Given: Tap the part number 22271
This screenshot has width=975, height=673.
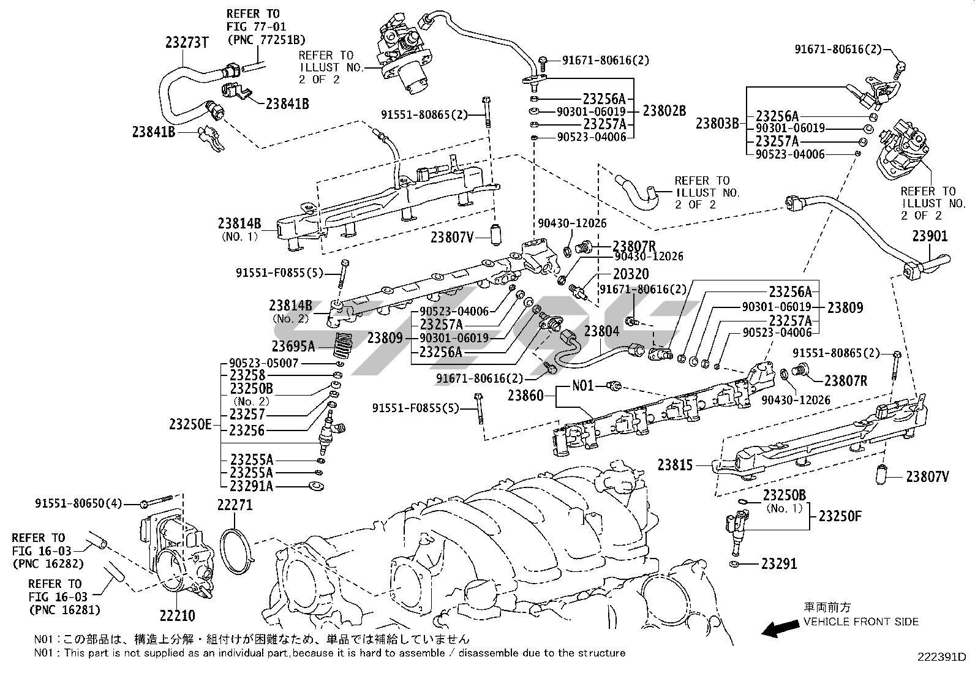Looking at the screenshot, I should [x=235, y=505].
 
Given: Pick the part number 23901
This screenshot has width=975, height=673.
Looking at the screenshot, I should [x=930, y=236].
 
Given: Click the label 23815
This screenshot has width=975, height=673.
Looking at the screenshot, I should [x=676, y=465].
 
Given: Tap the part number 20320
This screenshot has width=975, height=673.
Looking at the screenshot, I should [x=631, y=274].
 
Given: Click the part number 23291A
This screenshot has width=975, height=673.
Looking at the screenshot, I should [x=252, y=486].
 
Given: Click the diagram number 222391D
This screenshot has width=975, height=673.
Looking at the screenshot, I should [x=941, y=657].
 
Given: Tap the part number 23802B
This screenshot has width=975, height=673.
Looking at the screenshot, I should [x=664, y=111].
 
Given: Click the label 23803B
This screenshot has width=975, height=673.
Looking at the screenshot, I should [x=718, y=123].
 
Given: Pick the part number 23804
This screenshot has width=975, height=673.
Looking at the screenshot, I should [x=601, y=331].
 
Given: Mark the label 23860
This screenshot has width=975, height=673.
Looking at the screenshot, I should [x=525, y=396].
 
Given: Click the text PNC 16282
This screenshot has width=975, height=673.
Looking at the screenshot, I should [x=48, y=563].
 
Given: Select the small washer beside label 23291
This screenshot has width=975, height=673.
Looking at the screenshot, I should [x=734, y=563].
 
